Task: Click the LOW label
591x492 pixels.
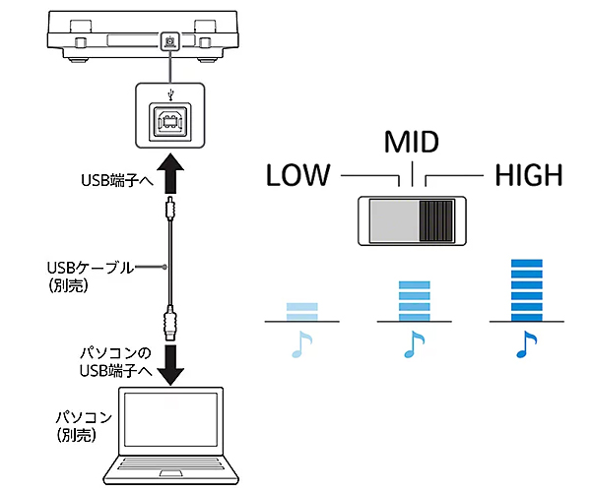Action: [x=298, y=176]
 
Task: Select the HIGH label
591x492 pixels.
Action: [x=528, y=176]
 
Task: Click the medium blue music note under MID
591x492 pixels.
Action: [x=412, y=343]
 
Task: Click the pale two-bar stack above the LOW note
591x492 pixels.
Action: [x=301, y=310]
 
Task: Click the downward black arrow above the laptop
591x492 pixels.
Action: [x=170, y=361]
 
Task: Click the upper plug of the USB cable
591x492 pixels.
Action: [x=170, y=210]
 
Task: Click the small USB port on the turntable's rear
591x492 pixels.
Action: [x=170, y=41]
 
